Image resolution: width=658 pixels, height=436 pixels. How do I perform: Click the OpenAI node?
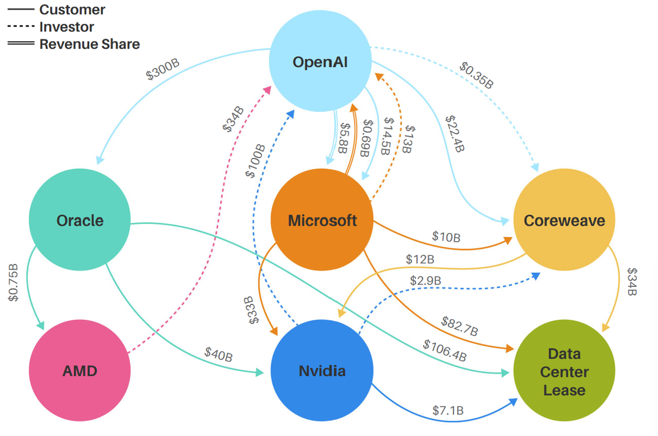(320, 61)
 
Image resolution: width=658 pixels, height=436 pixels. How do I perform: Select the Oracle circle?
(80, 220)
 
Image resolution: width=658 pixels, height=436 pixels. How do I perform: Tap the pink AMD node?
(80, 371)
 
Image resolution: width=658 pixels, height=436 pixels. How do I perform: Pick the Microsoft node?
(322, 220)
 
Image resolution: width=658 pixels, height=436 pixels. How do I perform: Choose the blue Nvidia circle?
(322, 371)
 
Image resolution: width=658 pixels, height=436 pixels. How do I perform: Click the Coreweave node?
(564, 220)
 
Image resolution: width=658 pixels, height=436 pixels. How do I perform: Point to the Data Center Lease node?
(564, 372)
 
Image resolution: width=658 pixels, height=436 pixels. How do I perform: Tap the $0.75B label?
(14, 283)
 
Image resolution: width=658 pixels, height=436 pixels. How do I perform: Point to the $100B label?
(255, 161)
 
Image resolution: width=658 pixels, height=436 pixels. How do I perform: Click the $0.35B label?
(477, 75)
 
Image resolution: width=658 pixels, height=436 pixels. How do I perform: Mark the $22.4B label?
(454, 133)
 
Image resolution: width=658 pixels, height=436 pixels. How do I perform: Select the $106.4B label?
(444, 351)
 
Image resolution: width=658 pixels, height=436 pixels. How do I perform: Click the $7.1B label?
(448, 411)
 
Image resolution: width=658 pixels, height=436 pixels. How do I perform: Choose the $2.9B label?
(425, 281)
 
